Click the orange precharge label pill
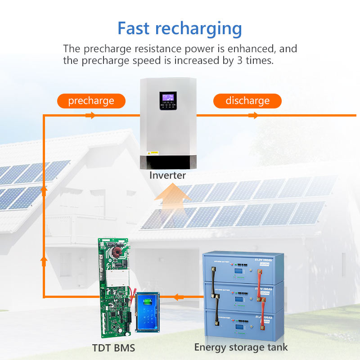coord(91,101)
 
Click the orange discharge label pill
coord(247,101)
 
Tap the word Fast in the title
coord(136,28)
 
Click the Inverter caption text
coord(167,175)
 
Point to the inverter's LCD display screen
coord(168,97)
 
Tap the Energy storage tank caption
coord(241,347)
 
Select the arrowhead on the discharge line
coord(253,116)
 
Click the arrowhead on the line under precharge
coord(90,116)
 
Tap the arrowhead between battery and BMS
coord(179,297)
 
